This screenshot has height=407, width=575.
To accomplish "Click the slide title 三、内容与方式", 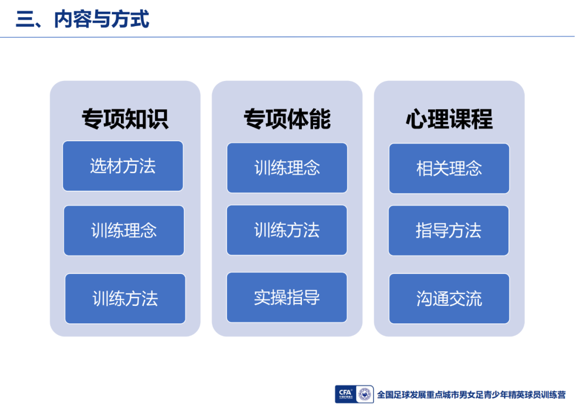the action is point(83,19).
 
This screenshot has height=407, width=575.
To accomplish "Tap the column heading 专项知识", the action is point(125,119).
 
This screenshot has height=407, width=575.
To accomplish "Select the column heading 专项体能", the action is point(287,119).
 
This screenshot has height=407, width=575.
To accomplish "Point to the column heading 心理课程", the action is point(449,119).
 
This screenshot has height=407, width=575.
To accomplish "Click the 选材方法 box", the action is point(123,166).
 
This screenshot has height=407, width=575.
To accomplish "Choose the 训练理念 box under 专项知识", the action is point(124,231).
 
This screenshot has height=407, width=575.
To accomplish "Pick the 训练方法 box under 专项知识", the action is point(125,298).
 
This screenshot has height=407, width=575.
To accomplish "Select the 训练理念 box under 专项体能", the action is point(287,168).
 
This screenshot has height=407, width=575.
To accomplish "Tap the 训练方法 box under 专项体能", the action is point(287,230).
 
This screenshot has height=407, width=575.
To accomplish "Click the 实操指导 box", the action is point(287,297).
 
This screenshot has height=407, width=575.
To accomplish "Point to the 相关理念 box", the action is point(449,168).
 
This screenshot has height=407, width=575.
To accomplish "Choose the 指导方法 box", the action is point(448,231).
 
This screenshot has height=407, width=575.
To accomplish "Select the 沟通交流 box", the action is point(449,298).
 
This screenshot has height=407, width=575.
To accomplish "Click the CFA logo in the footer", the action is point(346,394).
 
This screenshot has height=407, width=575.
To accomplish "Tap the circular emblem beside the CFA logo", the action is point(365,395).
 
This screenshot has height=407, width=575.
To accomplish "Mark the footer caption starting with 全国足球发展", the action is point(471,395).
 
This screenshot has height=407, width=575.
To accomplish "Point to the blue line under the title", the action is point(287,37).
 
